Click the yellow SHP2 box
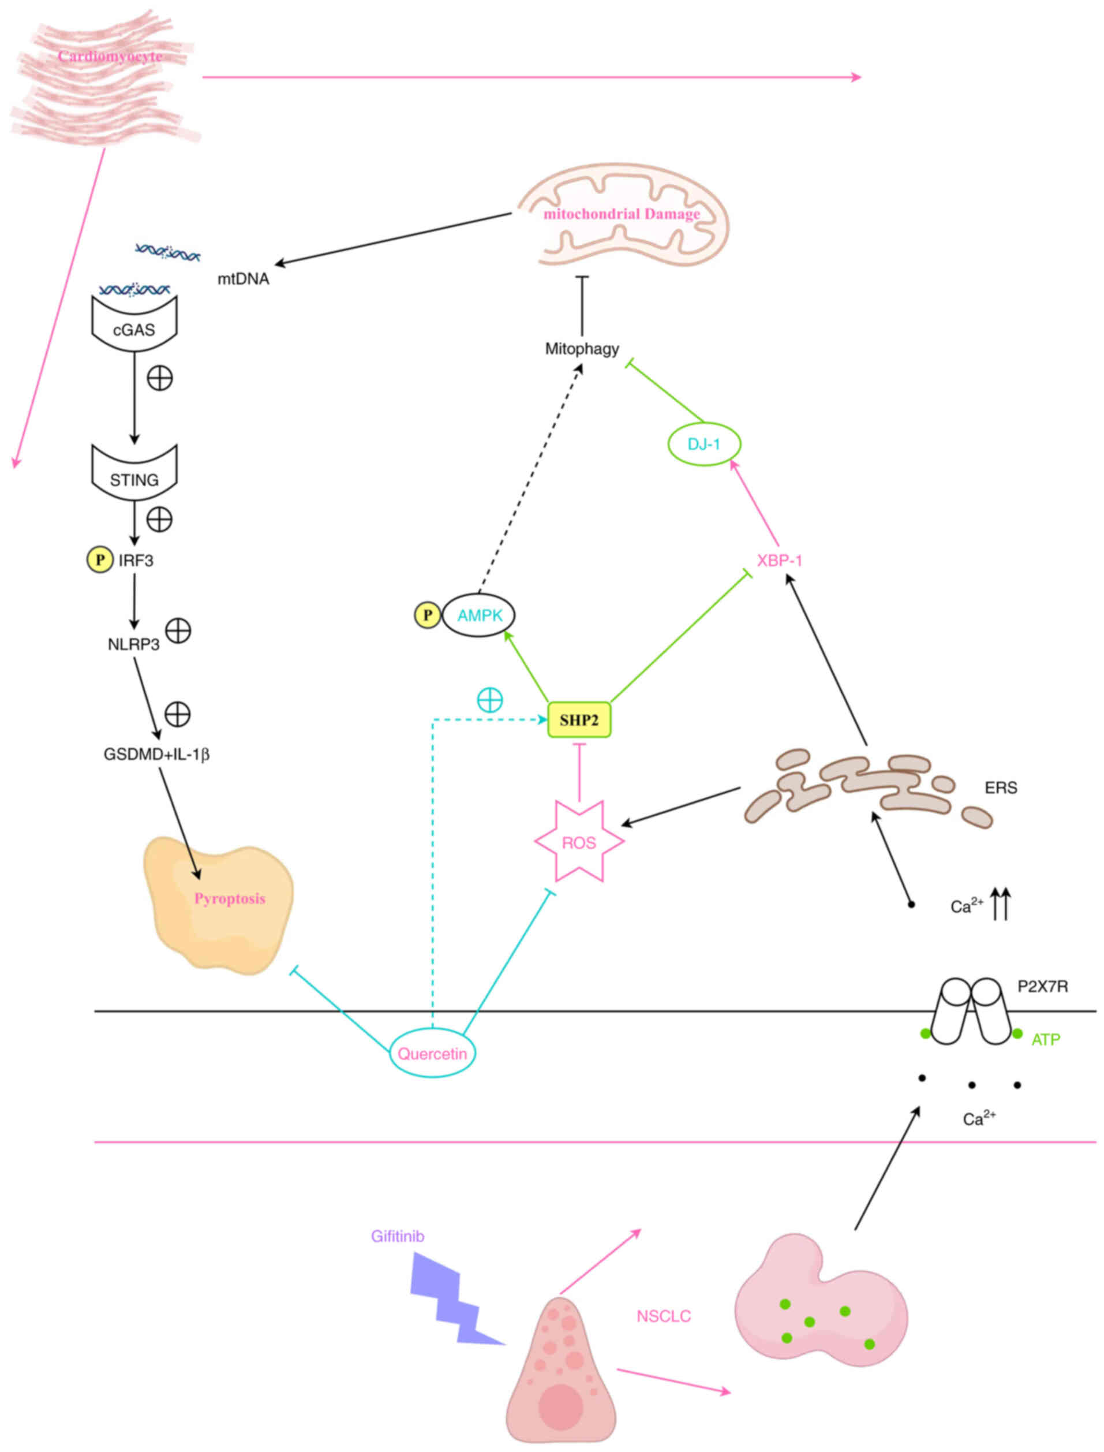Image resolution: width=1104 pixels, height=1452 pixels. [579, 720]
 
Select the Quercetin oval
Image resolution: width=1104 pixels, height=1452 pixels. [432, 1054]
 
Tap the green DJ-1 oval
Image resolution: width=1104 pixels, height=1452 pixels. [704, 445]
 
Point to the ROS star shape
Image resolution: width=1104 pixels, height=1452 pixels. [579, 842]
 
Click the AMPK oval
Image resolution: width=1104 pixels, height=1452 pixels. [479, 615]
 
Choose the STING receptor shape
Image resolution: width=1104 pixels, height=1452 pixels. [134, 474]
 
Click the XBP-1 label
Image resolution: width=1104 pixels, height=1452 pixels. [779, 561]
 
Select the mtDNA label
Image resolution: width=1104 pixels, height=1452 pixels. [243, 279]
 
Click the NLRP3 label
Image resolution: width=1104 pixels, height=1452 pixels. [133, 645]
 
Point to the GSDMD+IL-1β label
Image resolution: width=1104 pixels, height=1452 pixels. [156, 755]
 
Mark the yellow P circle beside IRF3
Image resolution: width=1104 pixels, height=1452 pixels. [100, 560]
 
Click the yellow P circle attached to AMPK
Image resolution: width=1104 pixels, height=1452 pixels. [427, 615]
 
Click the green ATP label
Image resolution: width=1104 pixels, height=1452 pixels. [1046, 1039]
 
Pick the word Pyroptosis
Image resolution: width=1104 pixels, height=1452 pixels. [229, 898]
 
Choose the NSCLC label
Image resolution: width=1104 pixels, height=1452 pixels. [664, 1316]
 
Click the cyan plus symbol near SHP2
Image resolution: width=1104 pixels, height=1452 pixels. [489, 701]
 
